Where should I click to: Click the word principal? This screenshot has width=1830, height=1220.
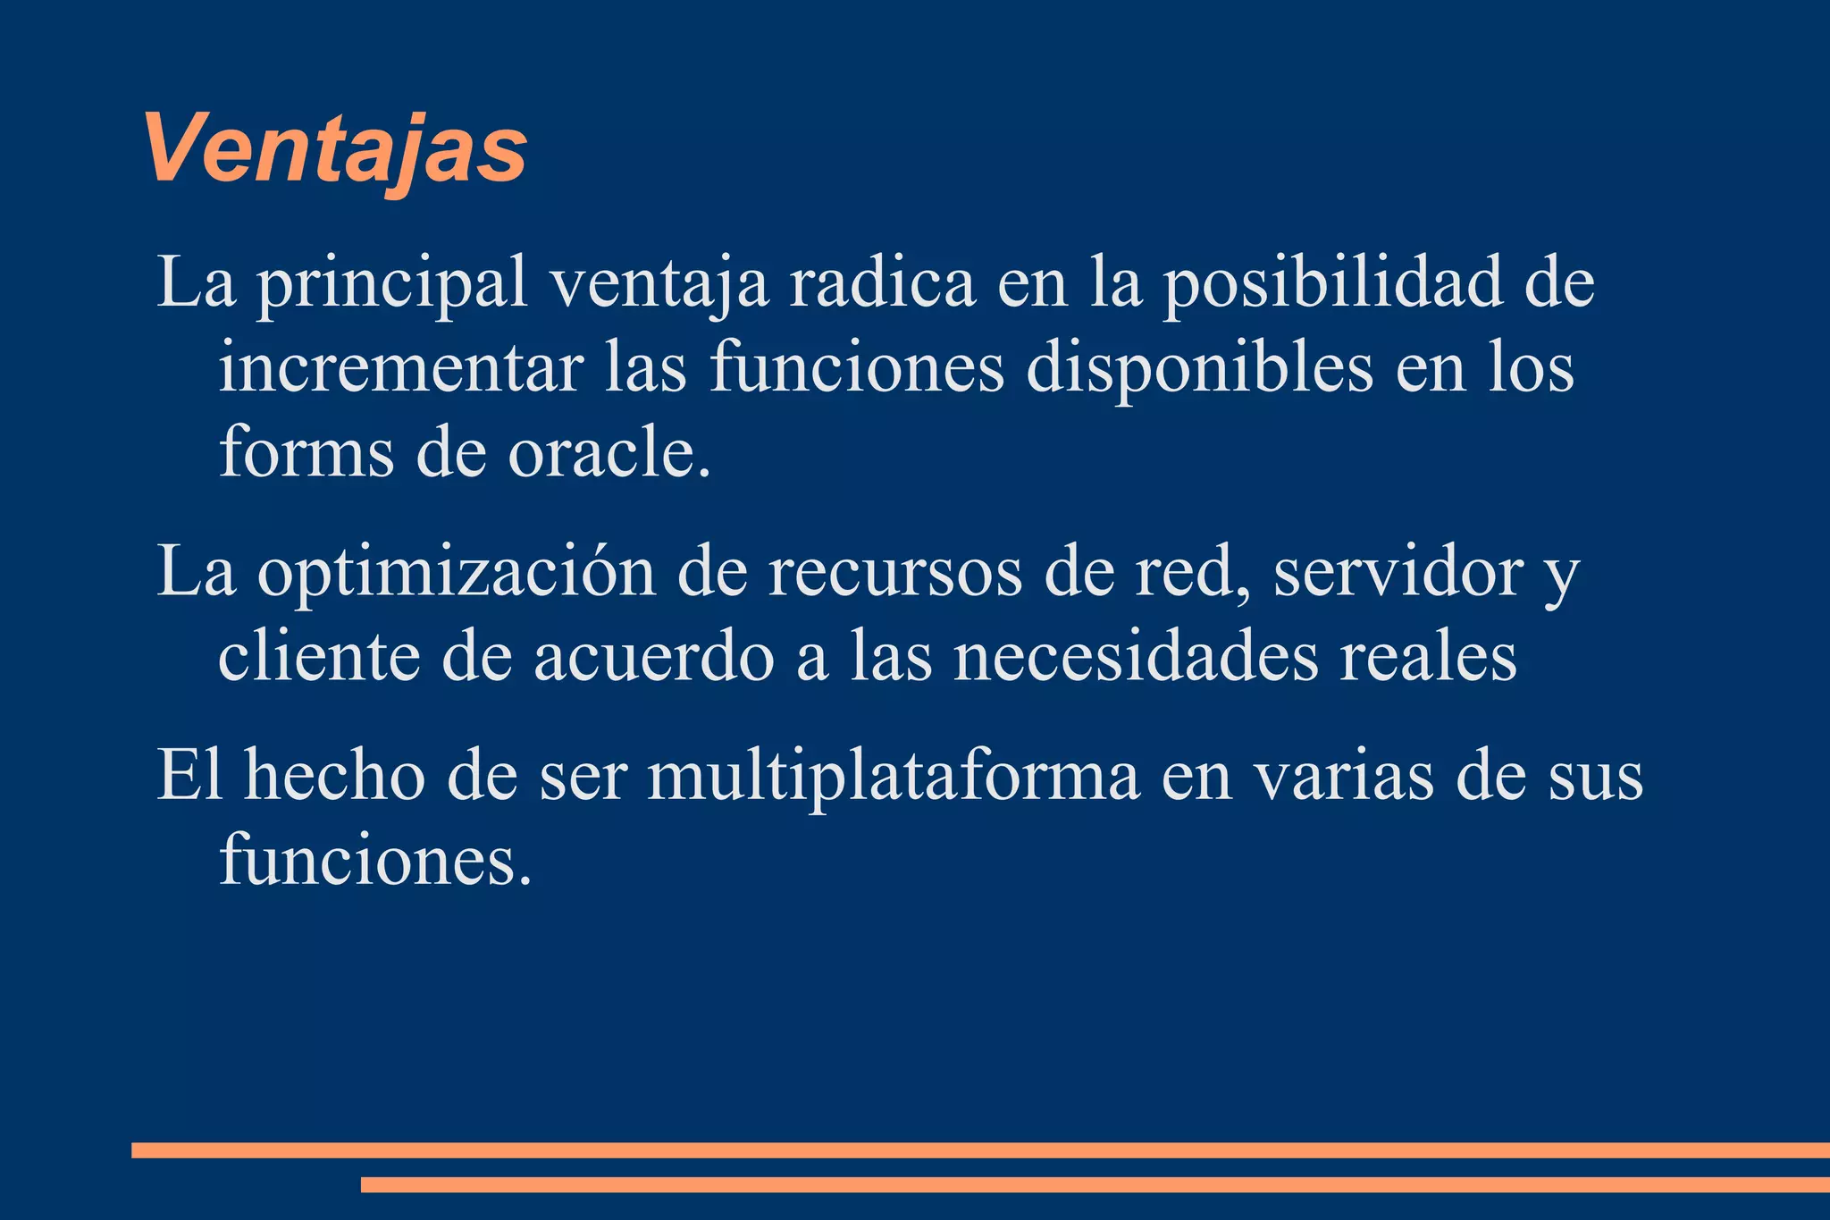click(392, 284)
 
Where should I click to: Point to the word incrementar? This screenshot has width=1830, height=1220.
click(400, 368)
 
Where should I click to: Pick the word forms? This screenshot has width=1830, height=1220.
click(306, 451)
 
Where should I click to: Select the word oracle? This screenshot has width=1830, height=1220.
click(609, 451)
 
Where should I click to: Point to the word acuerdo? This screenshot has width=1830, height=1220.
click(654, 657)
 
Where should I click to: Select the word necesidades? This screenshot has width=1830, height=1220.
click(1135, 657)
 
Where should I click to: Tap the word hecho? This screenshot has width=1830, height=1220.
click(335, 776)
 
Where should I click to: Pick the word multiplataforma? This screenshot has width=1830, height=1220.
click(893, 776)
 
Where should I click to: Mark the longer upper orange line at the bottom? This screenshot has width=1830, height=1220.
click(980, 1150)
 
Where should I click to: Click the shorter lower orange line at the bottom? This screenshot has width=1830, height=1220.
click(1095, 1184)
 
